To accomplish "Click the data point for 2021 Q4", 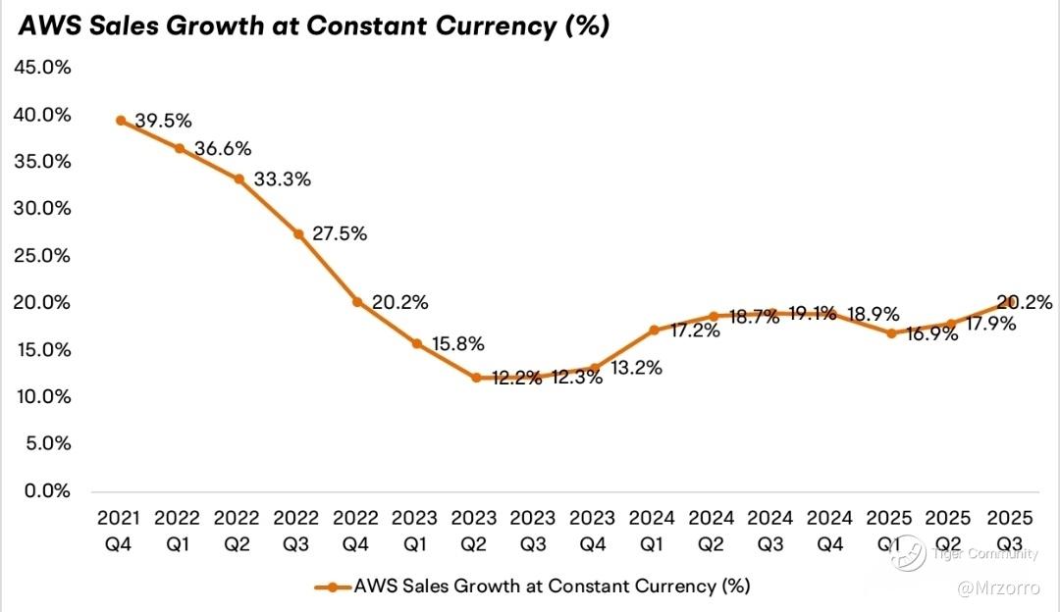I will (x=120, y=121).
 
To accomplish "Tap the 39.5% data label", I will (x=163, y=122).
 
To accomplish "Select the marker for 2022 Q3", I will (x=298, y=234).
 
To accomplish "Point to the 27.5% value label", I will (x=340, y=234).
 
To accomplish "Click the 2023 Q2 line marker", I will (x=476, y=377).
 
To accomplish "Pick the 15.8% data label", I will (x=457, y=344).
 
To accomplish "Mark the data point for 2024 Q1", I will (x=655, y=330).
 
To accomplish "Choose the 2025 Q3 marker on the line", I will (x=1009, y=304).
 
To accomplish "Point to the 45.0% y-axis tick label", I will (x=41, y=68).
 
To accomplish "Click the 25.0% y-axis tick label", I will (x=41, y=256).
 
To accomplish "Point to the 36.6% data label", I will (x=222, y=149).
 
